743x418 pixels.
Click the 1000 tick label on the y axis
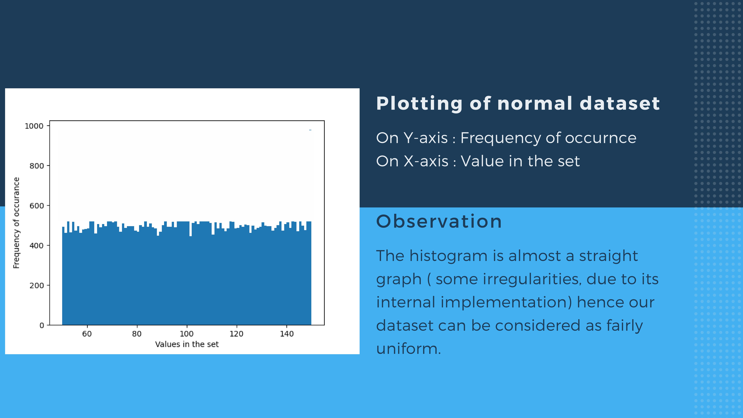pos(34,126)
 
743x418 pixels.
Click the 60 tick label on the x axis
pos(87,334)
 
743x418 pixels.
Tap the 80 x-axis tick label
pos(137,334)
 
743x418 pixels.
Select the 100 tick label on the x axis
pos(187,334)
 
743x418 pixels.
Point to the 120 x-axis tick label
pos(237,334)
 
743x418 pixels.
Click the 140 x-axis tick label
pos(287,334)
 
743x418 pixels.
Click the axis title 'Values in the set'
pos(187,344)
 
